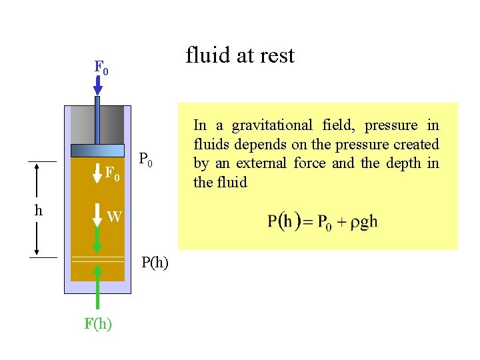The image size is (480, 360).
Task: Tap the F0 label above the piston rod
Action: click(x=101, y=67)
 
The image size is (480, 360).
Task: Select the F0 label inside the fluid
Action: click(x=113, y=175)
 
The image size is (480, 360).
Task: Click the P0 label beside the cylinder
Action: click(x=147, y=160)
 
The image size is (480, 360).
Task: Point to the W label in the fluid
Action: click(x=114, y=216)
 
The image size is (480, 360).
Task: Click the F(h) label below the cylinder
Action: click(x=98, y=324)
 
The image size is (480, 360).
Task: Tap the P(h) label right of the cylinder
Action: click(x=155, y=262)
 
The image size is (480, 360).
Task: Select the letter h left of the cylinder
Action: click(x=39, y=210)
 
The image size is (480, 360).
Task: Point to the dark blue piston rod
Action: click(x=97, y=120)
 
